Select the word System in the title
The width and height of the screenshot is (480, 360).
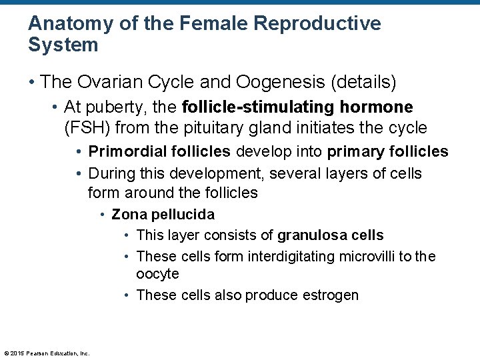(x=63, y=45)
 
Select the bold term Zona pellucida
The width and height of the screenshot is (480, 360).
(x=163, y=215)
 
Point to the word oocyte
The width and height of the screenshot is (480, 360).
(x=157, y=274)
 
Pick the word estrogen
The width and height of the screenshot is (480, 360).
(x=333, y=295)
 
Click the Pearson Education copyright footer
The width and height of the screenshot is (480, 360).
(x=47, y=353)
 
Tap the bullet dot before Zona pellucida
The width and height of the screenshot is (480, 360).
(x=103, y=215)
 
